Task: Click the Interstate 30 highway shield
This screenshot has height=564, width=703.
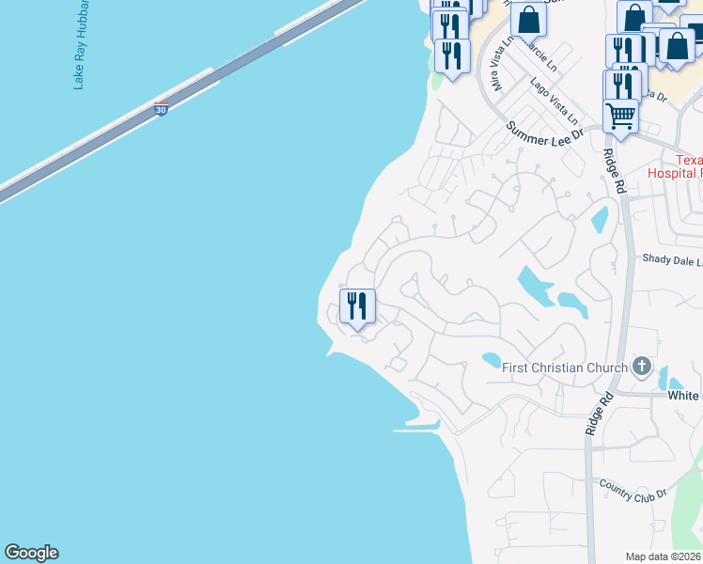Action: point(162,110)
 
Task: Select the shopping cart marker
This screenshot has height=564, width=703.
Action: point(620,116)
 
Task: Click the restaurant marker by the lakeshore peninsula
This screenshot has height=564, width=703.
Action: point(357,306)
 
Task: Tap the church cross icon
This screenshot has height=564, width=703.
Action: point(642,367)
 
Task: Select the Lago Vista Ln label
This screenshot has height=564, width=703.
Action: point(555,102)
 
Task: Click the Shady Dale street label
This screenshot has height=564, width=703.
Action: point(671,259)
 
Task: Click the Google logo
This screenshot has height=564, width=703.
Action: point(31,553)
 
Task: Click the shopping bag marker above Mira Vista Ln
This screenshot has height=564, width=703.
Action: point(529,19)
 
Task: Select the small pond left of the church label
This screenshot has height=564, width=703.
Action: point(492,359)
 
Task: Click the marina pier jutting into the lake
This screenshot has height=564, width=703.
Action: point(415,430)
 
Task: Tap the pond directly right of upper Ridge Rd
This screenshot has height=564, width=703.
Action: point(600,219)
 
